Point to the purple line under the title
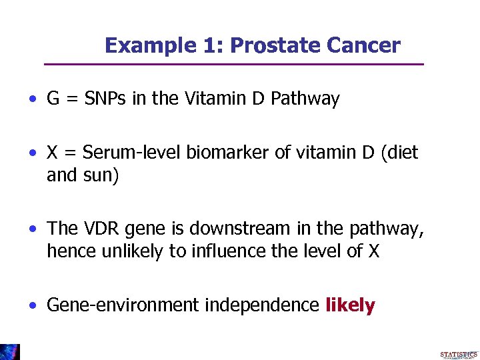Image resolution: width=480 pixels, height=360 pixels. click(233, 65)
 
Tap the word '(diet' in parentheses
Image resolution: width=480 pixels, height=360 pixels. click(397, 153)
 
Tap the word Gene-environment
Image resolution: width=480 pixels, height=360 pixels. click(123, 305)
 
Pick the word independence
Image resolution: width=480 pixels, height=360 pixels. click(262, 305)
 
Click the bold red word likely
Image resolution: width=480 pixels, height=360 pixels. click(350, 305)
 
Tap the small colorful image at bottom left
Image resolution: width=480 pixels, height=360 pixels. click(10, 352)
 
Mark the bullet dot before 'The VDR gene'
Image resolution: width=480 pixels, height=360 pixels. click(33, 229)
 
